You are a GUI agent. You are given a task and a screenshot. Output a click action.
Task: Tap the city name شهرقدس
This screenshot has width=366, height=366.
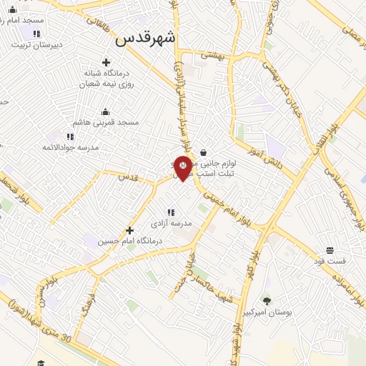click(146, 39)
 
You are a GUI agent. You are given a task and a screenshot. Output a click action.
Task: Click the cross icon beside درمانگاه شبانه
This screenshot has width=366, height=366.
click(107, 62)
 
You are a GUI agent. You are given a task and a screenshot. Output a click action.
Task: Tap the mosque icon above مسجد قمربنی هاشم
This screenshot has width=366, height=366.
click(106, 112)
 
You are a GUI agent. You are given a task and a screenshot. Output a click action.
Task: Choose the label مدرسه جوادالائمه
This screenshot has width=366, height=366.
click(70, 147)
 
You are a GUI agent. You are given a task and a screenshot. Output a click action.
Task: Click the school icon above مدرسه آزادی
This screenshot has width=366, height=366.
click(170, 212)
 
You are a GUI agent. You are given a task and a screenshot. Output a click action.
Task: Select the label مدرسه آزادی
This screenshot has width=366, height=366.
click(171, 223)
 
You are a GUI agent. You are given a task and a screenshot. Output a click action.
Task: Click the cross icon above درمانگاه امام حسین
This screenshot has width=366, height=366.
click(129, 230)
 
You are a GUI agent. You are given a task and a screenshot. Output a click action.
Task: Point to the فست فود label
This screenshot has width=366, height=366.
click(330, 261)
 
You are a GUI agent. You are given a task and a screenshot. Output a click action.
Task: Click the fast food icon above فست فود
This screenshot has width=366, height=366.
click(330, 250)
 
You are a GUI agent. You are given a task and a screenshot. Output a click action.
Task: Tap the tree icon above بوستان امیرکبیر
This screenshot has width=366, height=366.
click(267, 301)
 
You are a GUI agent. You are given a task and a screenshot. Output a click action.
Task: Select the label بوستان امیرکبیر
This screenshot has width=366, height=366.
click(267, 312)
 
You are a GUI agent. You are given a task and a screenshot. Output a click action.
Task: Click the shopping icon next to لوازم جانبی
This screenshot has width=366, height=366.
click(204, 152)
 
